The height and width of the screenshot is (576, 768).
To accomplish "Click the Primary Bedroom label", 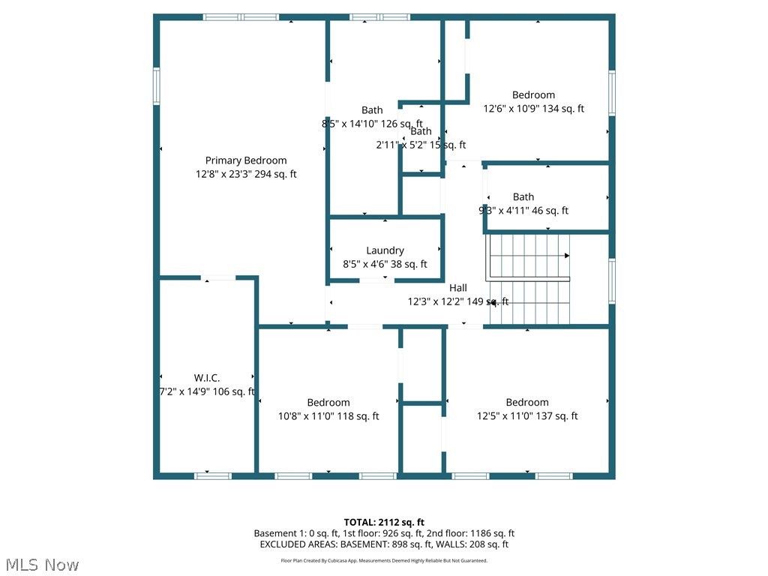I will click(246, 160).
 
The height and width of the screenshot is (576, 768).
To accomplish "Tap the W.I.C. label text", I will click(206, 378).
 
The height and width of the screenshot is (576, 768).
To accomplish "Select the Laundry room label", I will click(385, 250).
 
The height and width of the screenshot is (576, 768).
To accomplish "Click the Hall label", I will click(457, 288).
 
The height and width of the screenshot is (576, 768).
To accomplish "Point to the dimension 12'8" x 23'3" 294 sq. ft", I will click(246, 174).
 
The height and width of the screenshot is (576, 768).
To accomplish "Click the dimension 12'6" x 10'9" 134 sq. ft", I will click(533, 109).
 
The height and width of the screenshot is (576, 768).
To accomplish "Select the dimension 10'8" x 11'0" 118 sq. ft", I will click(328, 416).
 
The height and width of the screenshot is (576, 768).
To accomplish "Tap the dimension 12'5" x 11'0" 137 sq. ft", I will click(527, 416).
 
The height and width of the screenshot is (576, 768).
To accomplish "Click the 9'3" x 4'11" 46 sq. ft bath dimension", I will click(523, 211).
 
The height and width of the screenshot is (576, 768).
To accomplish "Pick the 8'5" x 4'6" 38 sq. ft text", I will click(385, 264).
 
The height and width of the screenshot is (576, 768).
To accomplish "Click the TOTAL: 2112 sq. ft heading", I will click(384, 522).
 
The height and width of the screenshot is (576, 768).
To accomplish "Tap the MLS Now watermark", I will click(42, 564).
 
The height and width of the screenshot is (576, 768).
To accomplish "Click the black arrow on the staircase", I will click(566, 256).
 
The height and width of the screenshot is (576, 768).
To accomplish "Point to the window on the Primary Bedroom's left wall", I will click(157, 85).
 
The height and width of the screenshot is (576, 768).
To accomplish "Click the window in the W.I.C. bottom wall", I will click(213, 475).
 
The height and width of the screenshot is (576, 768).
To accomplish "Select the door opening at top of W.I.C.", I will click(220, 278).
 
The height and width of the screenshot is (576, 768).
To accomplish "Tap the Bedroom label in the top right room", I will click(533, 95).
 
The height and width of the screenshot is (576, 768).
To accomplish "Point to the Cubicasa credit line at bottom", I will click(384, 560).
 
